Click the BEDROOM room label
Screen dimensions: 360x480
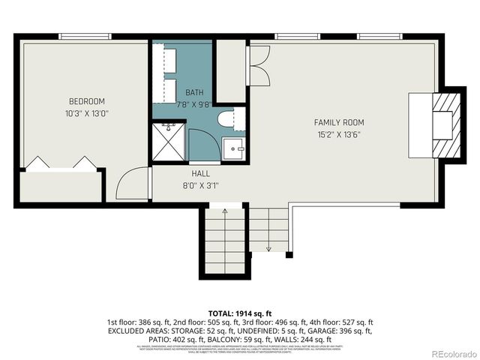click(87, 101)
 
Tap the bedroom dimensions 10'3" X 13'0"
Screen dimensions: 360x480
click(87, 113)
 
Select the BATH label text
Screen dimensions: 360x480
click(194, 93)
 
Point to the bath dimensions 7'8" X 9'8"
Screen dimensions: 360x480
click(194, 104)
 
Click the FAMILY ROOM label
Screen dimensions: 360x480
click(338, 122)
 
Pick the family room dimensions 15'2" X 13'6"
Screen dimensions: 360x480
click(338, 135)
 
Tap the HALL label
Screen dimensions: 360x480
click(199, 173)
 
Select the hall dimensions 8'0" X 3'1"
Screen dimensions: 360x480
click(199, 185)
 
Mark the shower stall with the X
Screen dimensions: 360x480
click(169, 141)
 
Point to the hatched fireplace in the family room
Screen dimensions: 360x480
click(445, 124)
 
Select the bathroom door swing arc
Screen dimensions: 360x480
click(203, 144)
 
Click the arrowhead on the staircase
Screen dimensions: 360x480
click(268, 248)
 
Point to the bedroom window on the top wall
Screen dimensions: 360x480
click(85, 36)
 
